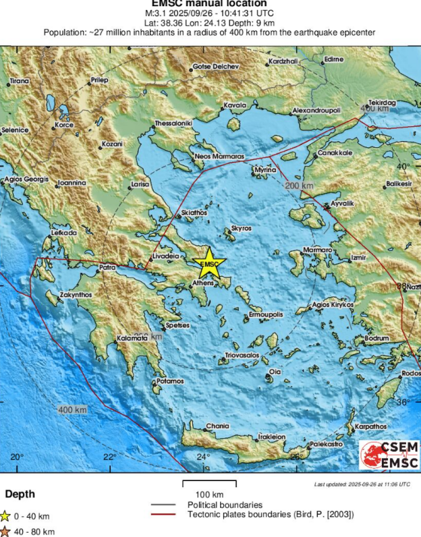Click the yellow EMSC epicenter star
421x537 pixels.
pyautogui.click(x=209, y=263)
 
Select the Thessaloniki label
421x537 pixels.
pyautogui.click(x=174, y=123)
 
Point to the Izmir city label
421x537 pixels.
pyautogui.click(x=358, y=258)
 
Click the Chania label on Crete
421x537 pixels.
pyautogui.click(x=218, y=426)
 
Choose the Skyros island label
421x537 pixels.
pyautogui.click(x=241, y=229)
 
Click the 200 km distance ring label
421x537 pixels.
pyautogui.click(x=299, y=186)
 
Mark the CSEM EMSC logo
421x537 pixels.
pyautogui.click(x=389, y=455)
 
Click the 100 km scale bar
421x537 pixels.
pyautogui.click(x=210, y=484)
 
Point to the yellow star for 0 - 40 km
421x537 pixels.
pyautogui.click(x=5, y=516)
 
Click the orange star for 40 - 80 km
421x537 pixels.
pyautogui.click(x=5, y=531)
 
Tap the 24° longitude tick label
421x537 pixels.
pyautogui.click(x=203, y=457)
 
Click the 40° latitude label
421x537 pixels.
pyautogui.click(x=403, y=166)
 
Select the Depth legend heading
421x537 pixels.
pyautogui.click(x=20, y=494)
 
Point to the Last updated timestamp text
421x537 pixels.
pyautogui.click(x=362, y=484)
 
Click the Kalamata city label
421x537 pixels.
pyautogui.click(x=132, y=339)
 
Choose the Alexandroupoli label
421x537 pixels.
pyautogui.click(x=317, y=111)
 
